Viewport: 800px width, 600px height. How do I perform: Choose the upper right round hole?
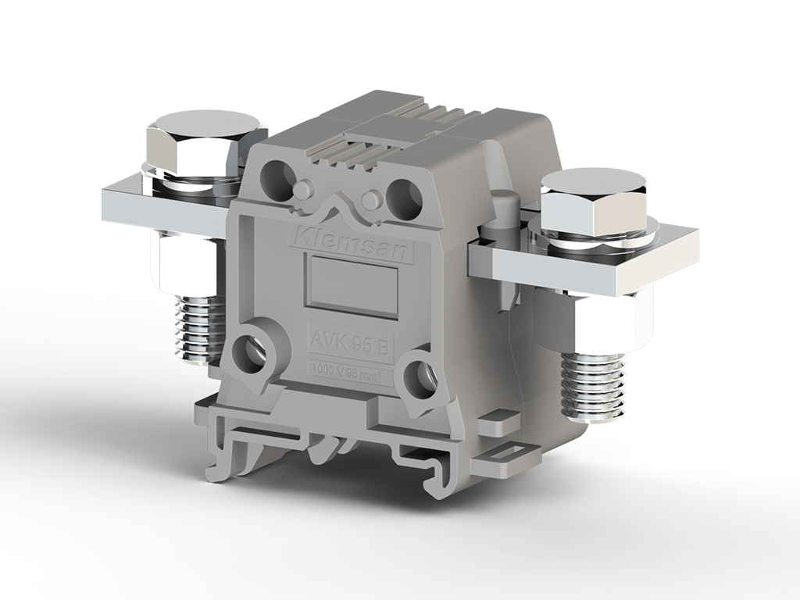[x=404, y=192]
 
